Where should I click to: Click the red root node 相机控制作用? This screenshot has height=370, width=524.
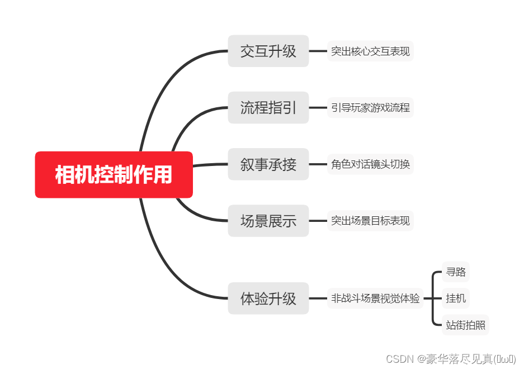pyautogui.click(x=114, y=174)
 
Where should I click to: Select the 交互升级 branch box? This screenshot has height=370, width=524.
pyautogui.click(x=268, y=51)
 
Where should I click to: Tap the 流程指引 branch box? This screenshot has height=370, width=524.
pyautogui.click(x=268, y=107)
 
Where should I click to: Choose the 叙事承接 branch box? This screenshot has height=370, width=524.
pyautogui.click(x=268, y=164)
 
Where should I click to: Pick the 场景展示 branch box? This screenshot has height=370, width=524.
pyautogui.click(x=268, y=221)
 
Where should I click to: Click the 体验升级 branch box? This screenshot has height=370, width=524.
pyautogui.click(x=268, y=298)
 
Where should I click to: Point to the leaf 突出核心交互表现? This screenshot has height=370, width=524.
pyautogui.click(x=370, y=51)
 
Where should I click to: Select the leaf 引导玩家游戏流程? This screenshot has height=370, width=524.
pyautogui.click(x=370, y=108)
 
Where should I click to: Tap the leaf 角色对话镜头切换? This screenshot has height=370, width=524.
pyautogui.click(x=370, y=164)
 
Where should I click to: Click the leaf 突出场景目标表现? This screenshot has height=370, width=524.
pyautogui.click(x=370, y=221)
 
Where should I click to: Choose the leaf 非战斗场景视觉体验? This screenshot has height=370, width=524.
pyautogui.click(x=375, y=298)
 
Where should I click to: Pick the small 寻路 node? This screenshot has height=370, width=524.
pyautogui.click(x=455, y=273)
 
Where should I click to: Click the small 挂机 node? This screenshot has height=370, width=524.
pyautogui.click(x=455, y=298)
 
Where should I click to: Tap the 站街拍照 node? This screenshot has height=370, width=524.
pyautogui.click(x=465, y=325)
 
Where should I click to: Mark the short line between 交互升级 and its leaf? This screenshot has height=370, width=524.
pyautogui.click(x=318, y=51)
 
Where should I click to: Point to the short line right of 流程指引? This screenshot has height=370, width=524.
pyautogui.click(x=318, y=107)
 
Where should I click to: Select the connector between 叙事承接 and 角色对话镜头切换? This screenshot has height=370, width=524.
pyautogui.click(x=318, y=164)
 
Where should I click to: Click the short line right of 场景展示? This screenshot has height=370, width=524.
pyautogui.click(x=318, y=221)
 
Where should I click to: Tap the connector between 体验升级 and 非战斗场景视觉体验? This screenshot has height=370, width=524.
pyautogui.click(x=318, y=298)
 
